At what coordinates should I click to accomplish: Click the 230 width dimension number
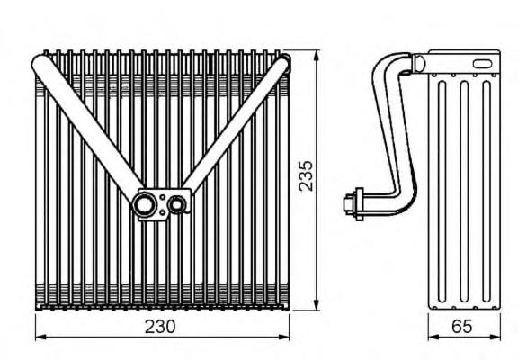click(160, 327)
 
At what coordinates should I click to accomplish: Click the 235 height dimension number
click(306, 175)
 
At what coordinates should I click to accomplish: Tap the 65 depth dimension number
click(462, 327)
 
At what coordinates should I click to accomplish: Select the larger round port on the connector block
click(145, 205)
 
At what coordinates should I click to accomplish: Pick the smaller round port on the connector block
click(177, 204)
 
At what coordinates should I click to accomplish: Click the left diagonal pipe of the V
click(88, 129)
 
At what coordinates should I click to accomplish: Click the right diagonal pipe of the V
click(237, 126)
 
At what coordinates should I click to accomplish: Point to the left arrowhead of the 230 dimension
click(40, 337)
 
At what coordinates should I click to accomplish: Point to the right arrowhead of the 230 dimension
click(284, 337)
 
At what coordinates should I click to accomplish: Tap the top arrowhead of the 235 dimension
click(317, 56)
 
